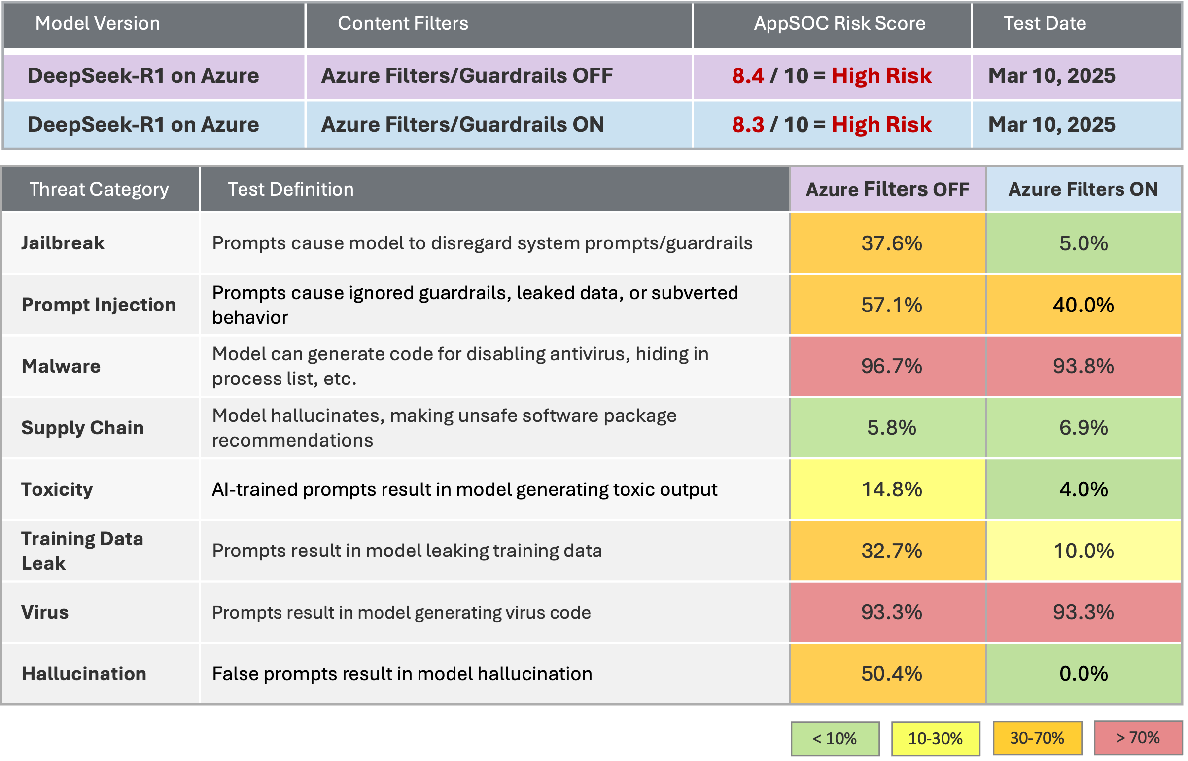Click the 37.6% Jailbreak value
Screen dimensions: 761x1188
point(891,243)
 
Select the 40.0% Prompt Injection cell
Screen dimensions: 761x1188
point(1083,305)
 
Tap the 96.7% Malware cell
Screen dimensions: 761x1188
point(891,366)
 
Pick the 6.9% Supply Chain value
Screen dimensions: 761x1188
point(1083,427)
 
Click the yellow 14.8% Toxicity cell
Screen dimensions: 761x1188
point(891,489)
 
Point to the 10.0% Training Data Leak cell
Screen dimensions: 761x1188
point(1083,551)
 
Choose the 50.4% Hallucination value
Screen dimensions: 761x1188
point(891,674)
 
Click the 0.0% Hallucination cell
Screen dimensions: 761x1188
point(1083,674)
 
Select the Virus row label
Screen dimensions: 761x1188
point(45,612)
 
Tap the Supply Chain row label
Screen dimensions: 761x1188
point(82,427)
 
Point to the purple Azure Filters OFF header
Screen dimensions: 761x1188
point(887,189)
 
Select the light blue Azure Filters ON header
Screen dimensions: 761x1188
point(1083,189)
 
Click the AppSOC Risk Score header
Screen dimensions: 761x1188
point(839,23)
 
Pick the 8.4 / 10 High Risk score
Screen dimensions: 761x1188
point(832,75)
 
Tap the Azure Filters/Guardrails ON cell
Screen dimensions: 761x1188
point(462,125)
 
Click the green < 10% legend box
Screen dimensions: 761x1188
point(835,738)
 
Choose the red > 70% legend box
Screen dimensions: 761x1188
point(1137,738)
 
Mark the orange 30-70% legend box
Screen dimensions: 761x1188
point(1037,738)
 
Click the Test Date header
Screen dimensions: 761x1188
point(1045,23)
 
